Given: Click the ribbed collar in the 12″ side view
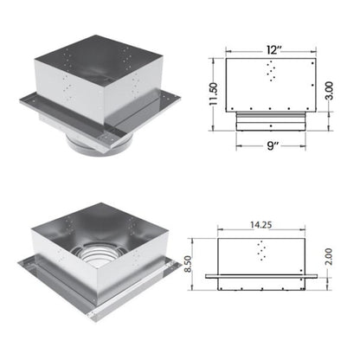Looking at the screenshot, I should click(272, 114).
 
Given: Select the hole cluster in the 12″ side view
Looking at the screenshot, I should click(273, 71).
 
